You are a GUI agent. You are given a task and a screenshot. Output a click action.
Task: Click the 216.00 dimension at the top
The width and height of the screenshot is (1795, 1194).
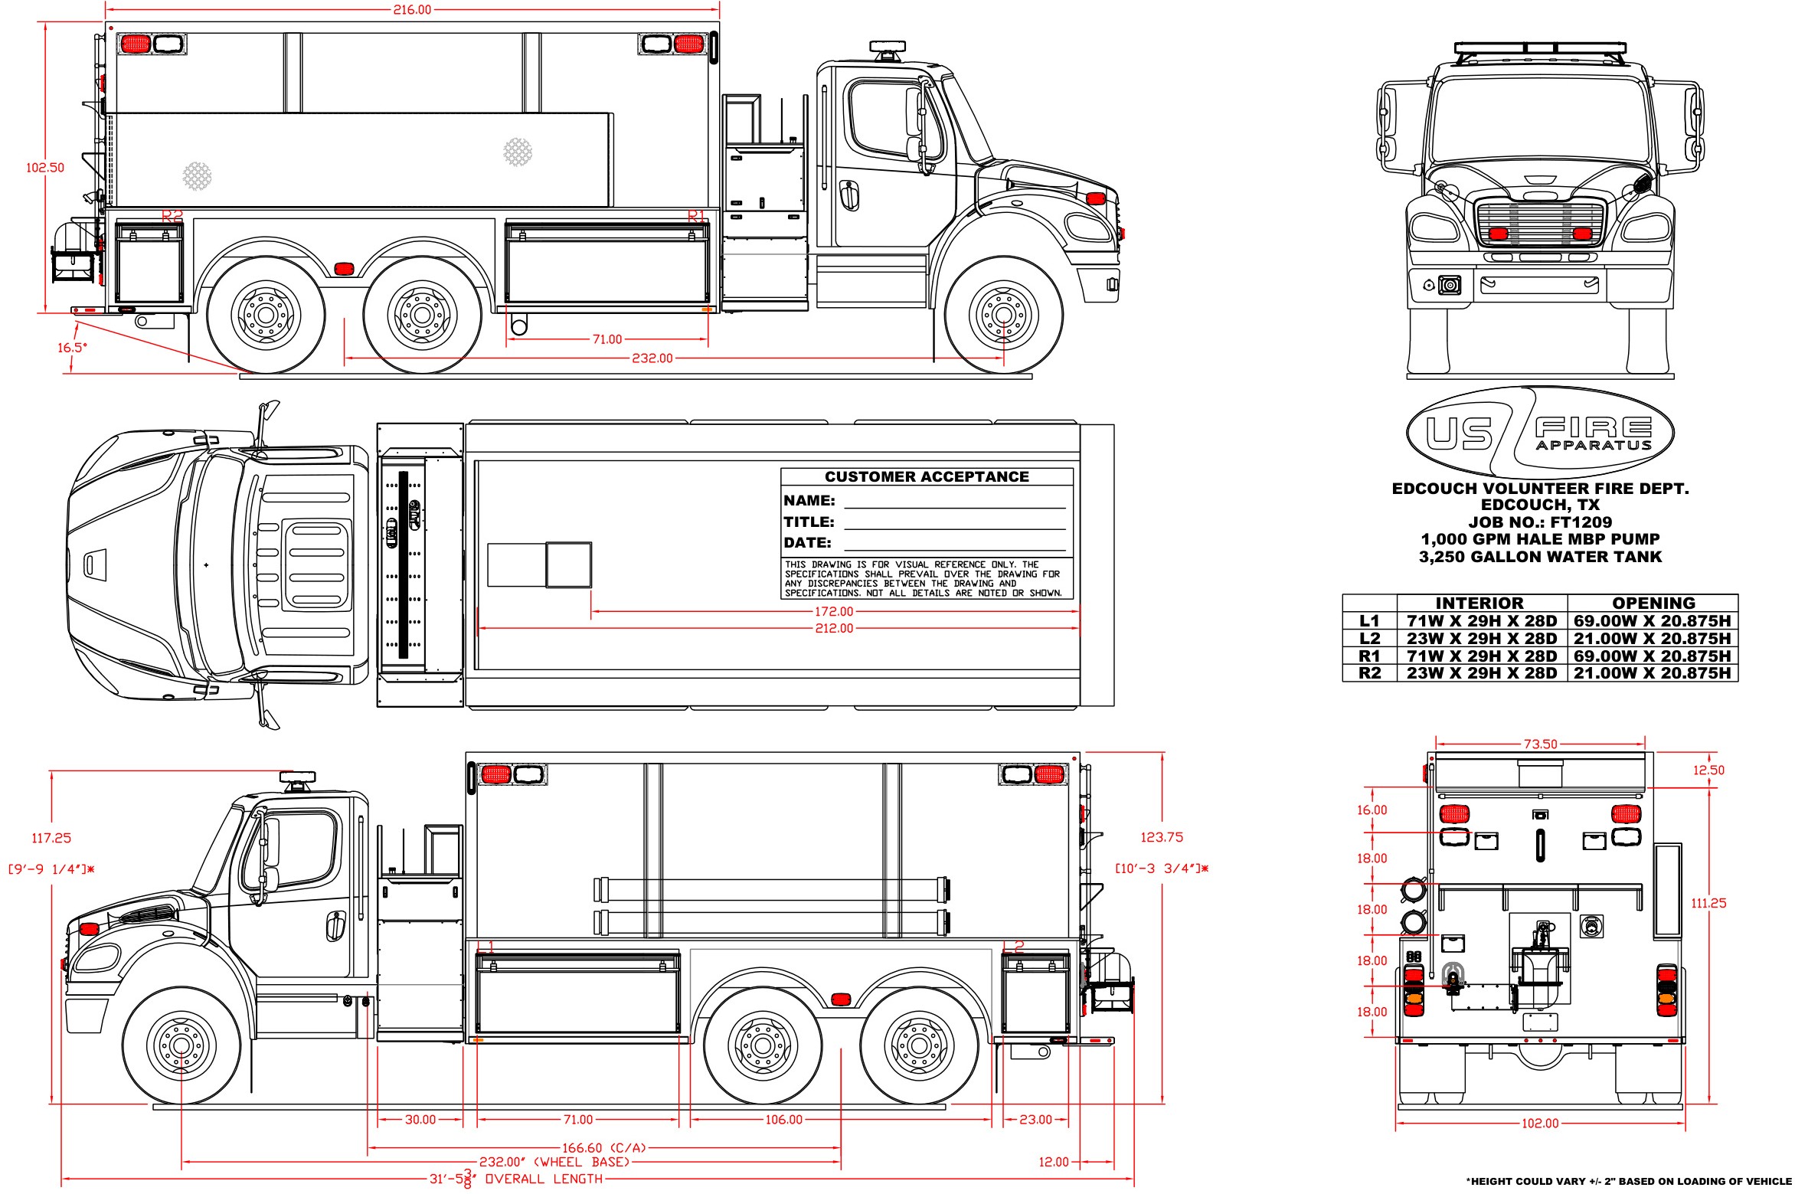pos(412,10)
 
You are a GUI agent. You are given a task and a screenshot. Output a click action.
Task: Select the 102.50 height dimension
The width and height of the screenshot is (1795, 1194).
pos(45,168)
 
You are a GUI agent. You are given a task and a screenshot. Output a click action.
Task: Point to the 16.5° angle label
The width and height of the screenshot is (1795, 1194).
pos(72,348)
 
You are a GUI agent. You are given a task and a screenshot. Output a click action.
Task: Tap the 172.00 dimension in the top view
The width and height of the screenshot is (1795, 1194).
pos(833,611)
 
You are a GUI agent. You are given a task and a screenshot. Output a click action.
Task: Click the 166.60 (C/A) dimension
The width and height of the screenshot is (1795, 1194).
pos(604,1148)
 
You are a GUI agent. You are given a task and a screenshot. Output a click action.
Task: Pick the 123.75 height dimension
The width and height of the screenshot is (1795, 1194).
pos(1161,837)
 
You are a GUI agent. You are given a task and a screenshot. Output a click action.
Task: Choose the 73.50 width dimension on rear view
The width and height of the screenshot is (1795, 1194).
pos(1540,744)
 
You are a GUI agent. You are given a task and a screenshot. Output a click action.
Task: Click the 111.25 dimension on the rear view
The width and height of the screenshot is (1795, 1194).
pos(1708,903)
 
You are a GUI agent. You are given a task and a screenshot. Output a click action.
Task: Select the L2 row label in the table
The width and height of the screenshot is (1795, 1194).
pos(1369,639)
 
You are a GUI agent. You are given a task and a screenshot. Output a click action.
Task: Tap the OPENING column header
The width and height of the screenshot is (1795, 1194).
pos(1653,603)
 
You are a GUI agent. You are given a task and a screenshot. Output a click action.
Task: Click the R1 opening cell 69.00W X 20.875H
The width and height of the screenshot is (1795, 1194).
pos(1652,656)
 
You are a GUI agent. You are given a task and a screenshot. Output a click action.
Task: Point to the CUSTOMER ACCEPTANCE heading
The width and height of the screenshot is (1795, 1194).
pos(927,476)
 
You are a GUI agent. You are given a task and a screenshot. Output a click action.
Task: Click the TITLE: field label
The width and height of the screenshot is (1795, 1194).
pos(809,522)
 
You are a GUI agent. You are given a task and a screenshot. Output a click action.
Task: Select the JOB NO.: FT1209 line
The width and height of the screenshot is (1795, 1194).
pos(1539,522)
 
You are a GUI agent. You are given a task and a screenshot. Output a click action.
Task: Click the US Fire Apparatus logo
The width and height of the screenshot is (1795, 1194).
pos(1539,433)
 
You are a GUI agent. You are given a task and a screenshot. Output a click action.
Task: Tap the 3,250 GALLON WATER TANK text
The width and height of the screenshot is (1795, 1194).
pos(1539,557)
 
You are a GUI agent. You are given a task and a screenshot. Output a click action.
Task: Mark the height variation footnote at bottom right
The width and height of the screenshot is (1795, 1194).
pos(1628,1181)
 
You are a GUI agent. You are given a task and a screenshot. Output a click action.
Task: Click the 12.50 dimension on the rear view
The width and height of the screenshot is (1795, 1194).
pos(1708,770)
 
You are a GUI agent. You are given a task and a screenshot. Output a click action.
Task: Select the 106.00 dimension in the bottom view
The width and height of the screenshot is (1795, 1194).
pos(783,1120)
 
